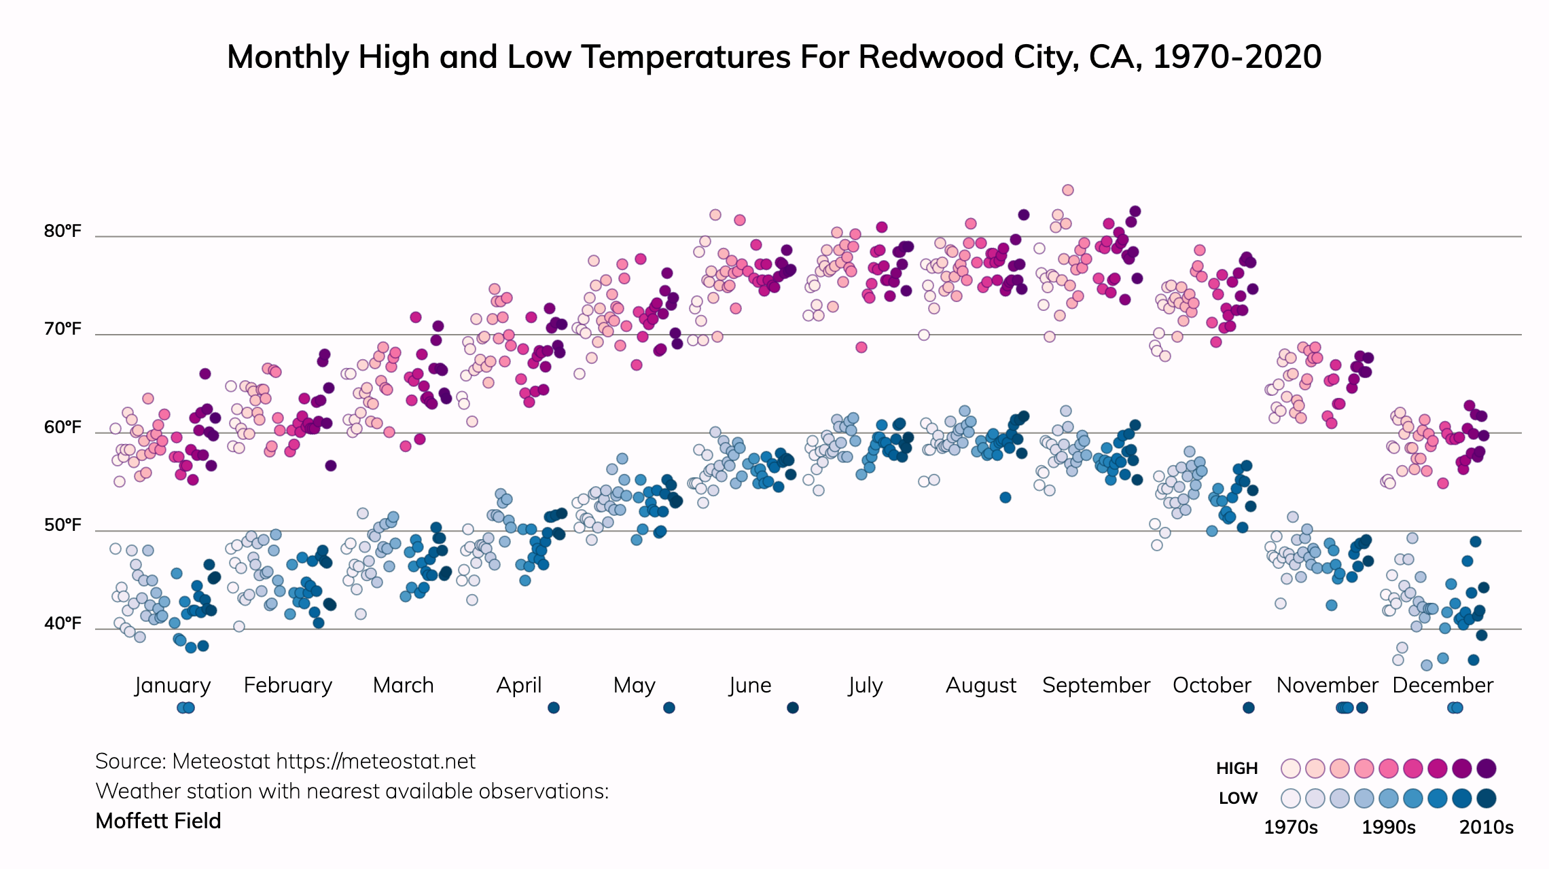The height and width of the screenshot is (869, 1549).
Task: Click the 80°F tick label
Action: [x=63, y=232]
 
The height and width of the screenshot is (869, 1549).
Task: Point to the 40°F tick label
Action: [x=63, y=623]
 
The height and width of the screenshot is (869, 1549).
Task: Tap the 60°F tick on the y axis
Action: [x=63, y=428]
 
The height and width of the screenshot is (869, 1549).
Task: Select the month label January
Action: [x=173, y=685]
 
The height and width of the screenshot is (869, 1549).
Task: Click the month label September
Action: [x=1096, y=685]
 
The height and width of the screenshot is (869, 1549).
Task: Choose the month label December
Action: [x=1442, y=685]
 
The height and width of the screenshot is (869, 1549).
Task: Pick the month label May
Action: [x=634, y=685]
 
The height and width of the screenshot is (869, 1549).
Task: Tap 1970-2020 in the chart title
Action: [x=1236, y=57]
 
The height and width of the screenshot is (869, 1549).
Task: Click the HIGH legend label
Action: [x=1236, y=769]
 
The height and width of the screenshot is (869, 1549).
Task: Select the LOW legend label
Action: [x=1238, y=798]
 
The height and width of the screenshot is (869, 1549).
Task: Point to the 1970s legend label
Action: [x=1290, y=828]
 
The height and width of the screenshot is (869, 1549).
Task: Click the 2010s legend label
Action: [x=1486, y=828]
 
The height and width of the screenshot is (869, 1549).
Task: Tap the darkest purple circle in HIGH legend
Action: [x=1486, y=769]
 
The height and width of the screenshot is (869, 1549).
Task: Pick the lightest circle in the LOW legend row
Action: [x=1290, y=798]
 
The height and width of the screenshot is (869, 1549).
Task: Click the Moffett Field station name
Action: [x=158, y=821]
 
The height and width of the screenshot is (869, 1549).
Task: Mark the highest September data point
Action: [x=1068, y=190]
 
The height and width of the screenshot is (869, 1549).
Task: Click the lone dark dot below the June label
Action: [x=792, y=708]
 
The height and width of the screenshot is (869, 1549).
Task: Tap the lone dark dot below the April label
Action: [x=554, y=708]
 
